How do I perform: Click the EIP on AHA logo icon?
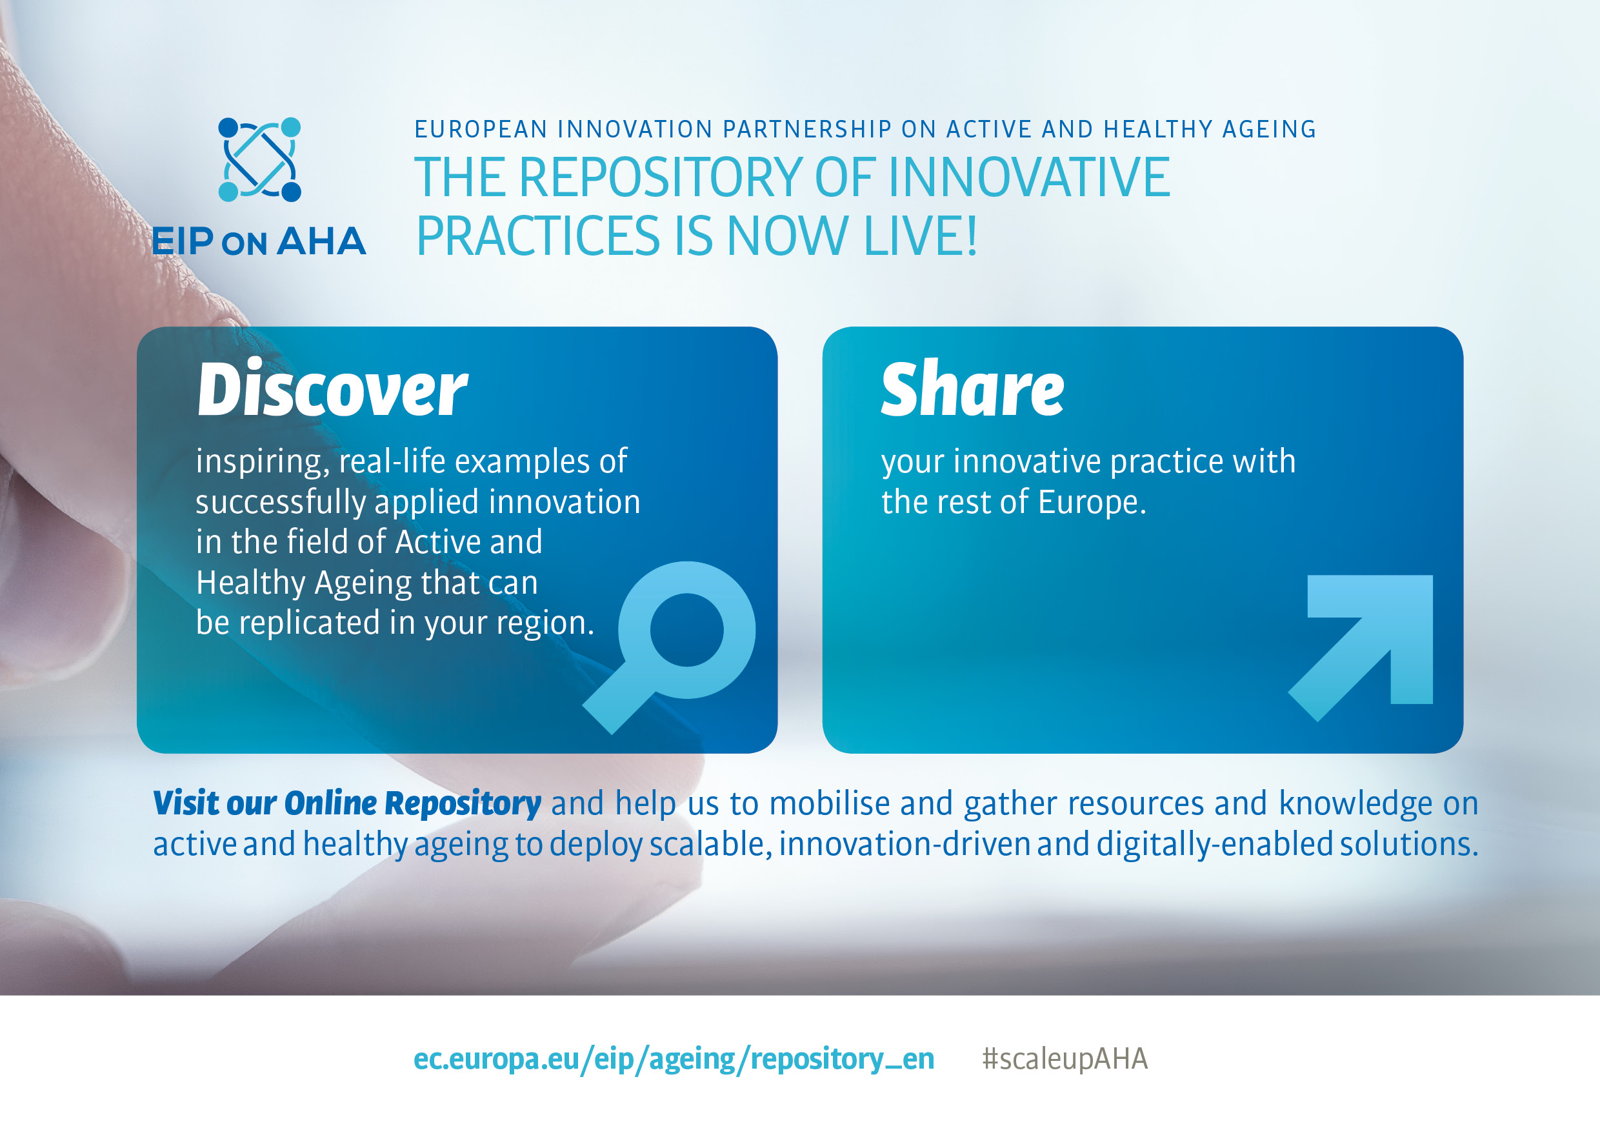259,159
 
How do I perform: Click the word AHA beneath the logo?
321,241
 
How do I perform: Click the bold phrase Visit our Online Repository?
346,803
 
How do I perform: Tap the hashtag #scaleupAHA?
1064,1058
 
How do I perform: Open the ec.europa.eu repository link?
673,1058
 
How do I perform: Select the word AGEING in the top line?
1269,129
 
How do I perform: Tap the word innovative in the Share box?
1027,461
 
